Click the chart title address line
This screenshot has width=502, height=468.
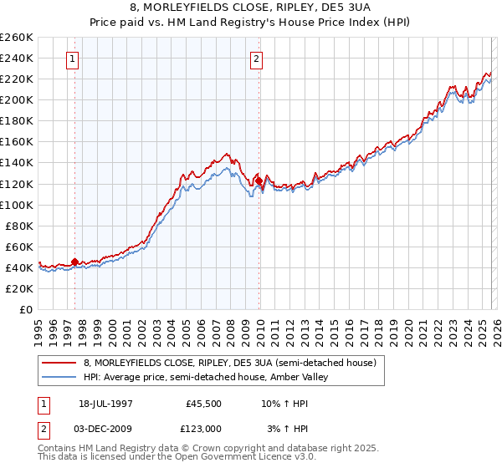pyautogui.click(x=251, y=10)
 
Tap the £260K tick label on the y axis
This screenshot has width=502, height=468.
pyautogui.click(x=17, y=38)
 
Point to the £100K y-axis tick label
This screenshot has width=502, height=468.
pyautogui.click(x=17, y=205)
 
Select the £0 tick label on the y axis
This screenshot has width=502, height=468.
pyautogui.click(x=25, y=309)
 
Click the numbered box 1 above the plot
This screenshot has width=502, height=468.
pyautogui.click(x=74, y=59)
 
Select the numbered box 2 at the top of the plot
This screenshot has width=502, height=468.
pyautogui.click(x=256, y=59)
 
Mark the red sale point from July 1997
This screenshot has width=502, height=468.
pyautogui.click(x=74, y=262)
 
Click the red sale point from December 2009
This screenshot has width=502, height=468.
pyautogui.click(x=259, y=181)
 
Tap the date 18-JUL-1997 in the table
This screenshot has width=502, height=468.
pyautogui.click(x=107, y=404)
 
